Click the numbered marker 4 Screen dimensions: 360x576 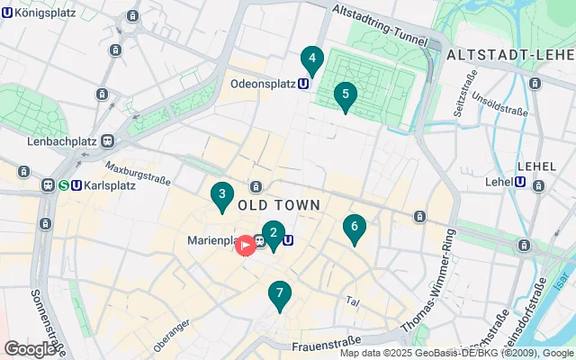(x=311, y=60)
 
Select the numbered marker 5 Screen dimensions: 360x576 (x=345, y=95)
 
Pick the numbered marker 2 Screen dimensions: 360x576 (x=273, y=234)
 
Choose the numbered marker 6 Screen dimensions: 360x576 (x=355, y=229)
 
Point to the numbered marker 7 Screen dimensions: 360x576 (x=280, y=294)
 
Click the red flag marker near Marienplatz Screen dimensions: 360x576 (x=244, y=244)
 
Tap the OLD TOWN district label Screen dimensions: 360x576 (x=279, y=205)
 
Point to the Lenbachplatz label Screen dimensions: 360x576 (x=63, y=141)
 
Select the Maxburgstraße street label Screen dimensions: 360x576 (x=137, y=172)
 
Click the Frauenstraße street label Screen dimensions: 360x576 (x=327, y=341)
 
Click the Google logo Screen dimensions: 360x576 (x=31, y=348)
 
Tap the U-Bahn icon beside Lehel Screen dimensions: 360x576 (x=520, y=182)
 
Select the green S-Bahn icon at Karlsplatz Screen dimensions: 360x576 (x=64, y=186)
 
